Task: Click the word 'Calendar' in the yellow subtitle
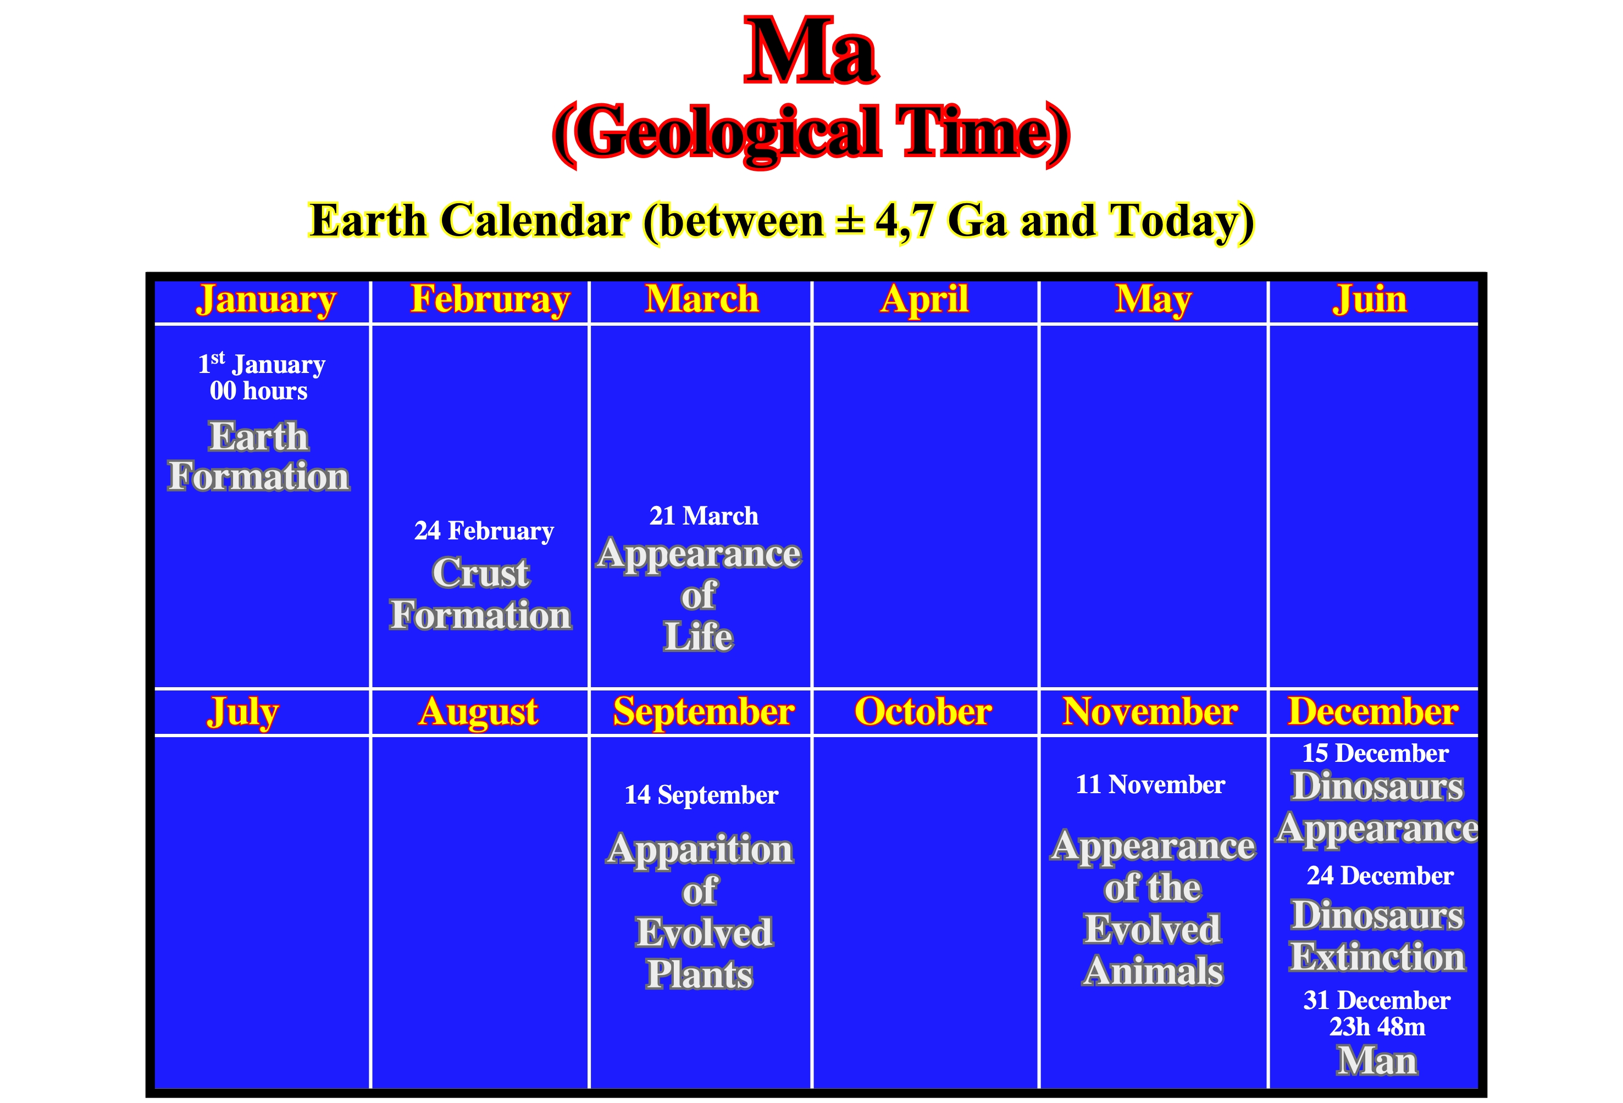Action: click(x=536, y=221)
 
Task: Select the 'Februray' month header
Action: click(x=490, y=300)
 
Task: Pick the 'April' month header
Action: click(x=924, y=300)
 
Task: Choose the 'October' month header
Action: click(x=923, y=711)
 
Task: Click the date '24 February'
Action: click(x=484, y=531)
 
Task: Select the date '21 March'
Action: click(x=704, y=516)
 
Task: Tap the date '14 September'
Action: click(x=701, y=795)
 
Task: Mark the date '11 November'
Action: click(x=1150, y=784)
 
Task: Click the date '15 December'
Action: click(x=1375, y=753)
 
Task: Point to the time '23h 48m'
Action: click(x=1377, y=1027)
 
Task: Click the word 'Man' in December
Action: click(x=1377, y=1061)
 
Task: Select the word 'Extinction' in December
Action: click(x=1377, y=956)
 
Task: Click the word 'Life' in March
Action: click(x=699, y=637)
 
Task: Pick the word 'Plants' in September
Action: click(x=699, y=974)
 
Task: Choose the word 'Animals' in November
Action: click(x=1153, y=972)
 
